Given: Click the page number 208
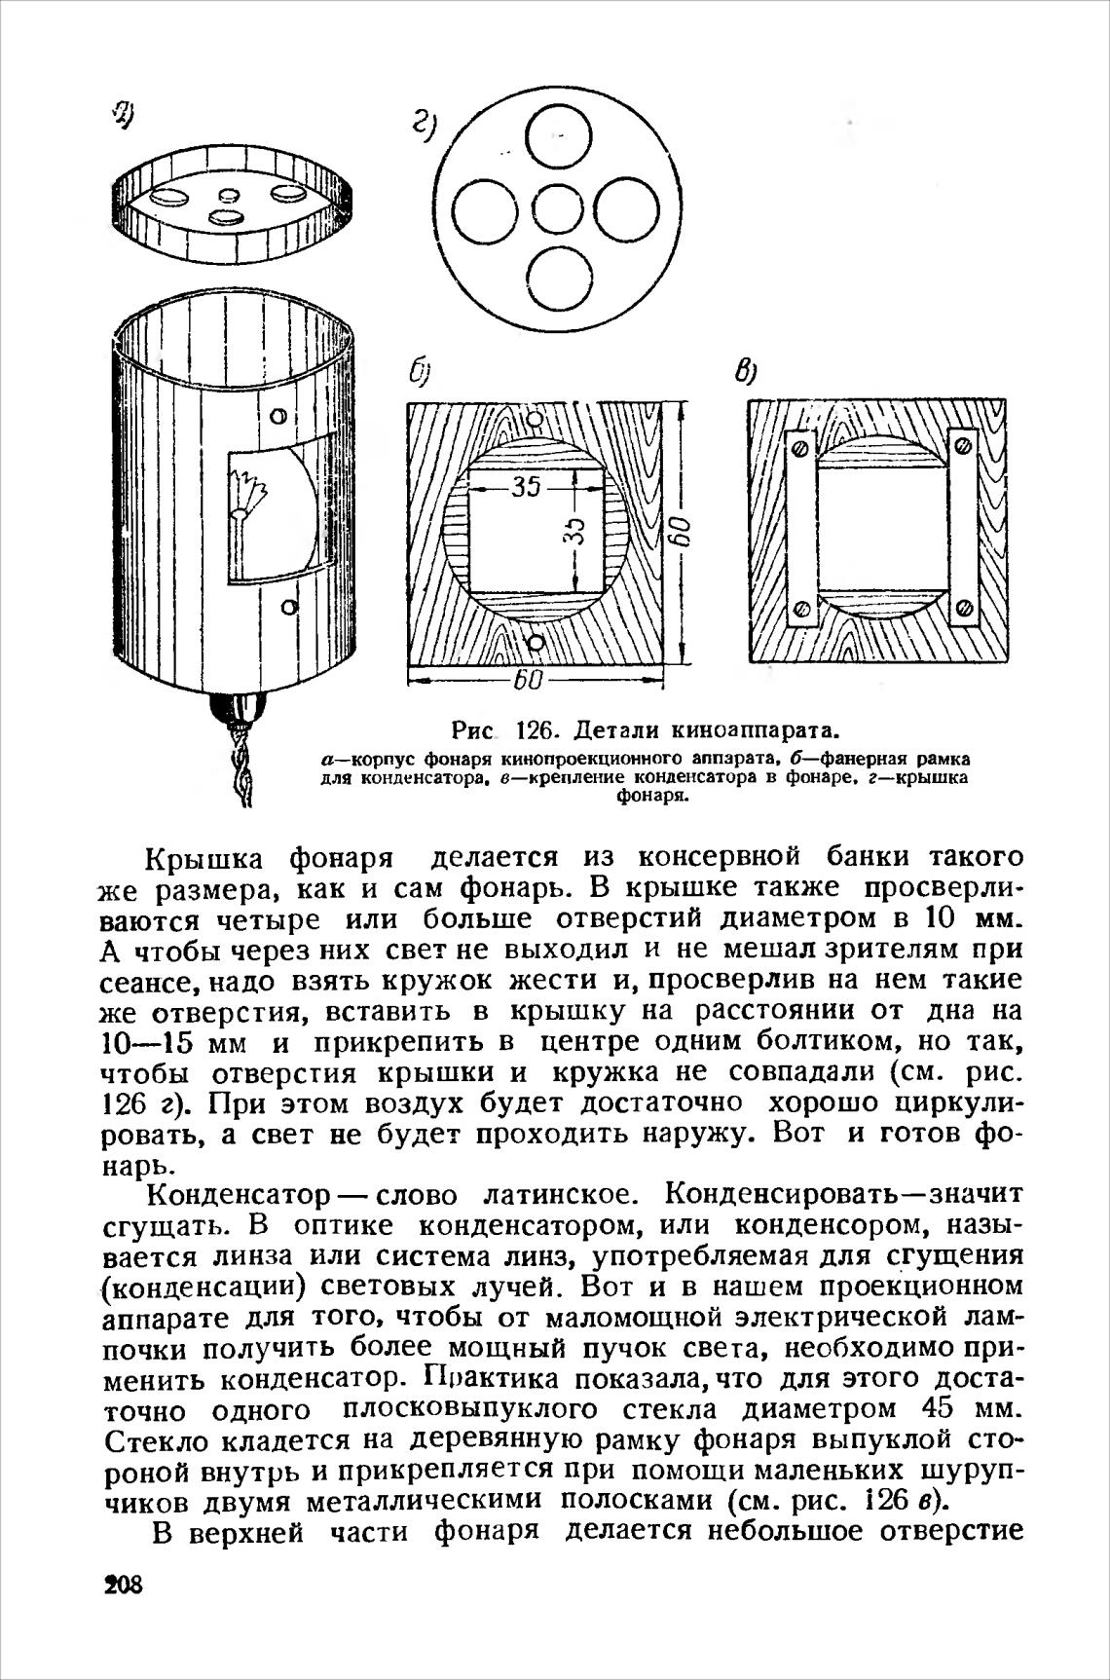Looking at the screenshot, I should (123, 1585).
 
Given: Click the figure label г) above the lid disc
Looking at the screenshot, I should (425, 126).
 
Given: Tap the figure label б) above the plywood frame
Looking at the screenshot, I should (420, 375).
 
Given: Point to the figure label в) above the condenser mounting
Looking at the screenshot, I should (745, 372).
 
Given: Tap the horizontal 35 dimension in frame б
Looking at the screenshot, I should (526, 486).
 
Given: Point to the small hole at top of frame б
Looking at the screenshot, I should (534, 421).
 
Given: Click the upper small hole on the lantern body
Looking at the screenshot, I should (279, 417).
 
